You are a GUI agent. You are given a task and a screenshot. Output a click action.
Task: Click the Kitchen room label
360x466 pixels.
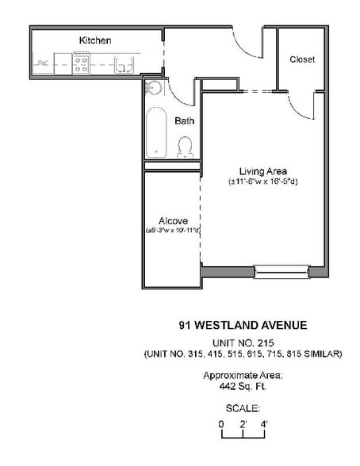pyautogui.click(x=95, y=40)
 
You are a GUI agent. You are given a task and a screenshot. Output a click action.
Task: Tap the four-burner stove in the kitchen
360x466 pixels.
pyautogui.click(x=81, y=63)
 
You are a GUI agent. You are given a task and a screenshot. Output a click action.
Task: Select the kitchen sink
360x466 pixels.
pyautogui.click(x=121, y=64)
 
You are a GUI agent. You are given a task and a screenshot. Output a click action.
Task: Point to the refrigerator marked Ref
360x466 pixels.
pyautogui.click(x=43, y=63)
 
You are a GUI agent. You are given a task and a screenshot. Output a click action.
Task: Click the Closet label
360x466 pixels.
pyautogui.click(x=302, y=59)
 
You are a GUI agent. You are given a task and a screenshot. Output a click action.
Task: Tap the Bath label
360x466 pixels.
pyautogui.click(x=184, y=121)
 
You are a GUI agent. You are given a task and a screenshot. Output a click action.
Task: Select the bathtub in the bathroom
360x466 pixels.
pyautogui.click(x=156, y=132)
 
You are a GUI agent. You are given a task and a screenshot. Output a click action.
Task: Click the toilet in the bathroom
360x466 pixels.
pyautogui.click(x=186, y=147)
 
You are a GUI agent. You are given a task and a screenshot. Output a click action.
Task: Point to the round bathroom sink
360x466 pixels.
pyautogui.click(x=154, y=88)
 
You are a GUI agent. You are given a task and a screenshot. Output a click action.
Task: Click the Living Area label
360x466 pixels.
pyautogui.click(x=263, y=170)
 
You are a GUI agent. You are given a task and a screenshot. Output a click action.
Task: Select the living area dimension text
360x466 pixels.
pyautogui.click(x=263, y=181)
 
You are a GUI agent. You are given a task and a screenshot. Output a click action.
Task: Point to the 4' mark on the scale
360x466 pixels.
pyautogui.click(x=264, y=424)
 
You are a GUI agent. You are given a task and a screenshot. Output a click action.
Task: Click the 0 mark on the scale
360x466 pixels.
pyautogui.click(x=222, y=424)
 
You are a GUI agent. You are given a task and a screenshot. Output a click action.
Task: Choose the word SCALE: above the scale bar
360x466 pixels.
pyautogui.click(x=243, y=408)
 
